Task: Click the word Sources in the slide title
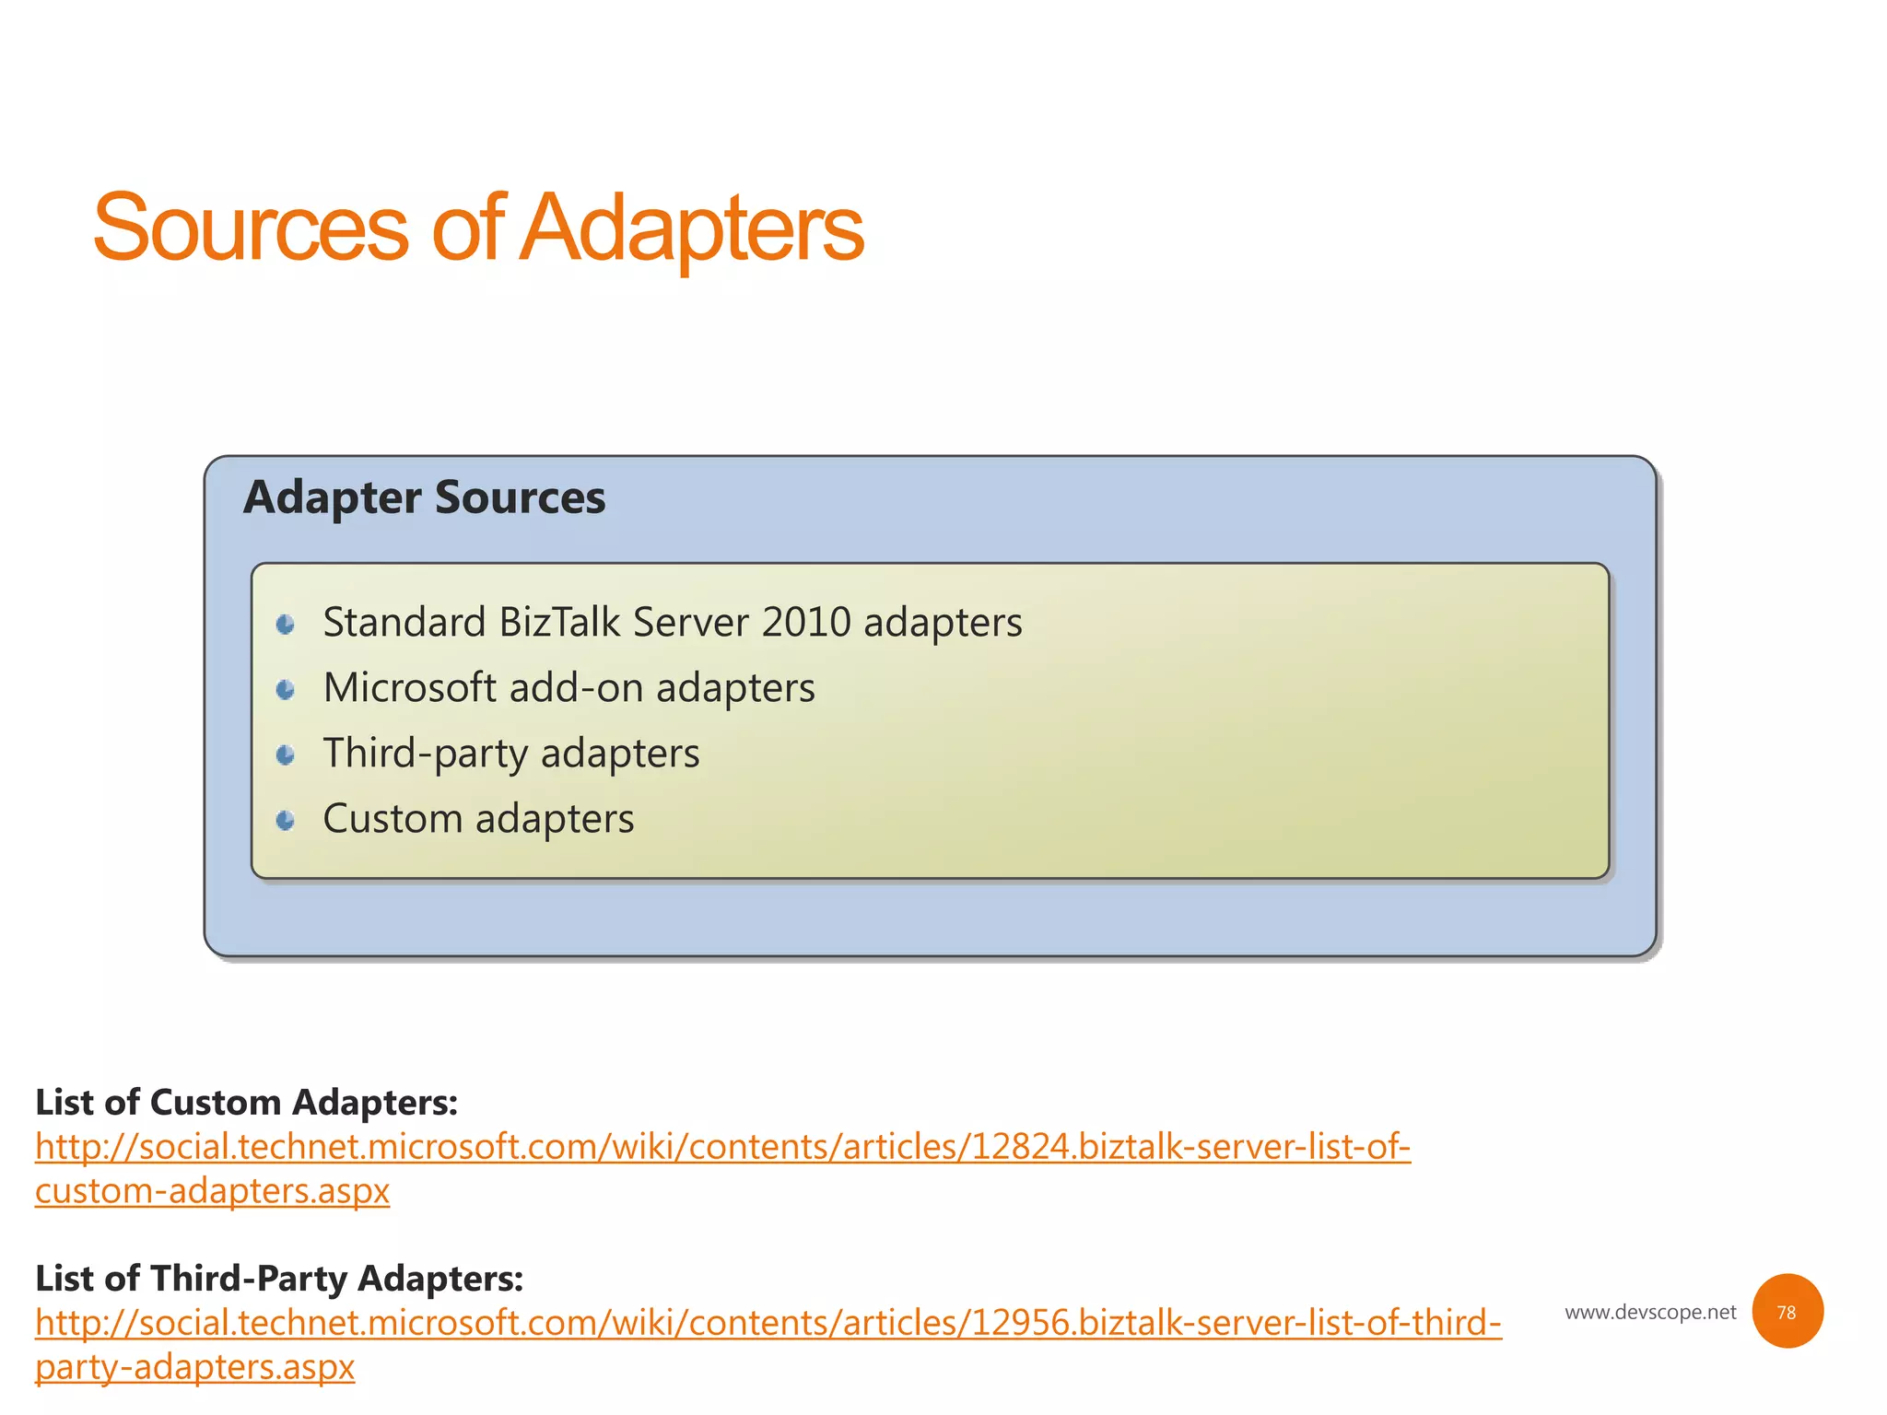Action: [250, 228]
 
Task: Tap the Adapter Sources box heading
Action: [424, 497]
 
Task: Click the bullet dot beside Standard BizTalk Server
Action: [286, 625]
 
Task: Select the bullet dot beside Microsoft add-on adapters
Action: [286, 690]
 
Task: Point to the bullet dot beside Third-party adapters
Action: [286, 755]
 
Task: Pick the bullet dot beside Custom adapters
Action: [286, 820]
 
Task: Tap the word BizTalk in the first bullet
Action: [559, 623]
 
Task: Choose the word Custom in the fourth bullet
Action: [393, 819]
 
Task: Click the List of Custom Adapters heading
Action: [246, 1103]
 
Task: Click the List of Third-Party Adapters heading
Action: [279, 1279]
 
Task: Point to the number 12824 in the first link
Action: [1020, 1147]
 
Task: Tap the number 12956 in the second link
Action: [1020, 1323]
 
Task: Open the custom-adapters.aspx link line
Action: [212, 1191]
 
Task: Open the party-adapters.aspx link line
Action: [194, 1367]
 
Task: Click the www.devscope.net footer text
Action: [1650, 1312]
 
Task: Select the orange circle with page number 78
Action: [1787, 1312]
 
